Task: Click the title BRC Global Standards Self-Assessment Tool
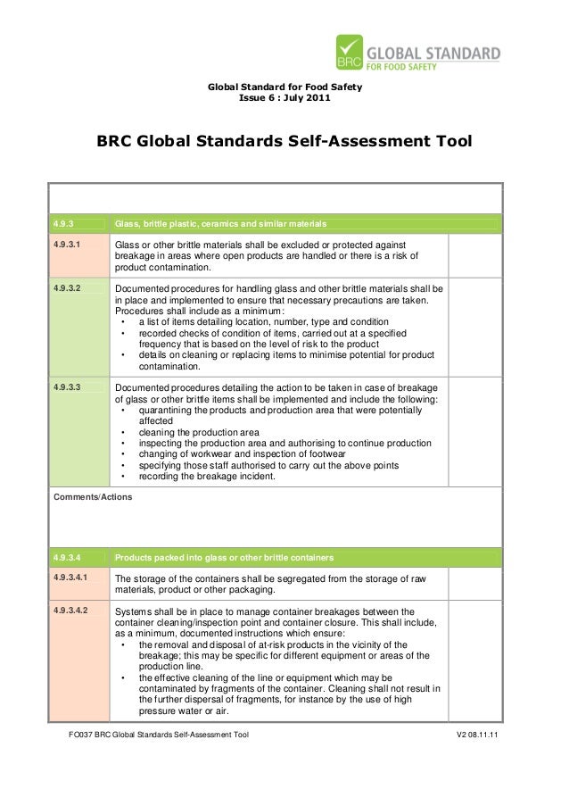pos(284,143)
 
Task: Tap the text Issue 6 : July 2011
pos(284,97)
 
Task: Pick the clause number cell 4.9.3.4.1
pos(72,579)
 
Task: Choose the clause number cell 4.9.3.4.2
pos(72,611)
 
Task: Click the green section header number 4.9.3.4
pos(68,557)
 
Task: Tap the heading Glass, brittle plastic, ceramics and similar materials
pos(221,222)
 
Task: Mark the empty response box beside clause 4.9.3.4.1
pos(476,585)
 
